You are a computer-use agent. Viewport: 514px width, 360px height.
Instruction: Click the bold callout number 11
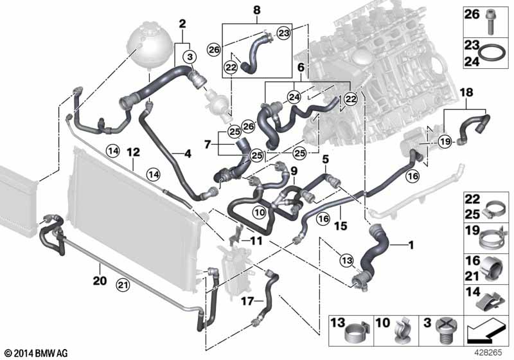pos(256,242)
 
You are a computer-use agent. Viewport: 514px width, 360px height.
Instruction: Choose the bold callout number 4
pos(188,154)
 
